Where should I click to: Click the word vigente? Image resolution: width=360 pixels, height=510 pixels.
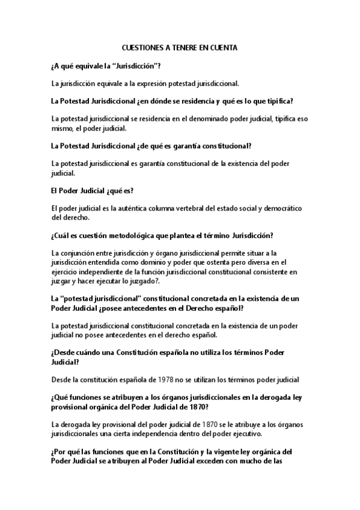[x=233, y=451]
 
